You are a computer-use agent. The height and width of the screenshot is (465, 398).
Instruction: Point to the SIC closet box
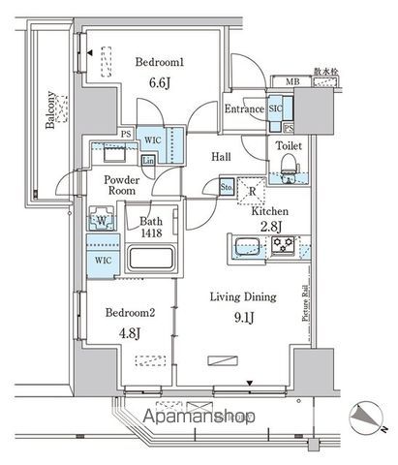pyautogui.click(x=275, y=110)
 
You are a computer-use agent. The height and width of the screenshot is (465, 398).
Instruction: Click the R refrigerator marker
pyautogui.click(x=252, y=191)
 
